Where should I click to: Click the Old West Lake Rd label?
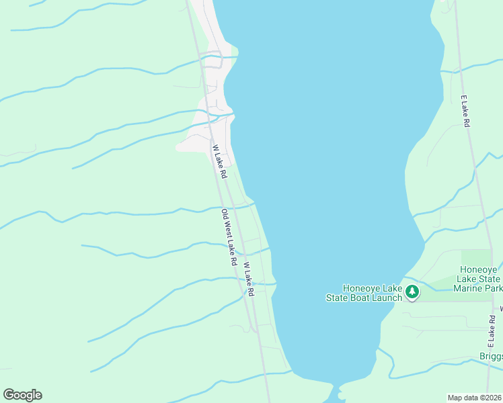(x=229, y=237)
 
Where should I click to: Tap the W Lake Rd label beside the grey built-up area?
(x=219, y=162)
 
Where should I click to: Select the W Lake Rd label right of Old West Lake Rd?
(x=248, y=279)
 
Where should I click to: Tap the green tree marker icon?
(x=412, y=292)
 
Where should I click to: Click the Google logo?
(x=22, y=395)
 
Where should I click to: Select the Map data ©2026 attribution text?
(x=475, y=397)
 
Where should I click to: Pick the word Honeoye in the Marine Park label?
(x=479, y=269)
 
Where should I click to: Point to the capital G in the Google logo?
(x=9, y=395)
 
